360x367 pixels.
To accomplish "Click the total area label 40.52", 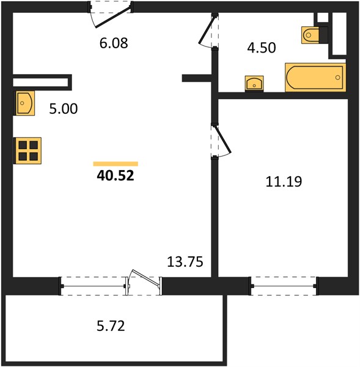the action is [116, 176].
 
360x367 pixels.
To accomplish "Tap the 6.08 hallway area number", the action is [114, 43].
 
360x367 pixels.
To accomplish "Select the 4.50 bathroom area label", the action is [262, 48].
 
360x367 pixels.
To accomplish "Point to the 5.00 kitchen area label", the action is [64, 109].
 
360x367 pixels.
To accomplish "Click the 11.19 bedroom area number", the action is [284, 182].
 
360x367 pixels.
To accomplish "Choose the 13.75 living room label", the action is [185, 262].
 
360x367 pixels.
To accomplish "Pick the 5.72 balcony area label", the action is [111, 326].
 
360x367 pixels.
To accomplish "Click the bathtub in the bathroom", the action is [315, 77].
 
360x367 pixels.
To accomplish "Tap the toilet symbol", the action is [314, 35].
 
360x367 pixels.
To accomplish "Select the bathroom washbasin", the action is [254, 84].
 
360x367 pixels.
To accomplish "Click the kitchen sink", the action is [25, 103].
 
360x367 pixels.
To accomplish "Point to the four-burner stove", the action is [28, 150].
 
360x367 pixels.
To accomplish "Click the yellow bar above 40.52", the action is [116, 163].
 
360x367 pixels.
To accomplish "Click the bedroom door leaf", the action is [223, 140].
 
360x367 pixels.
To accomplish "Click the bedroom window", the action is [284, 286].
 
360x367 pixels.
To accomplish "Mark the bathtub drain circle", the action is [337, 78].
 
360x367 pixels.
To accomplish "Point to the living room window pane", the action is [93, 286].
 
